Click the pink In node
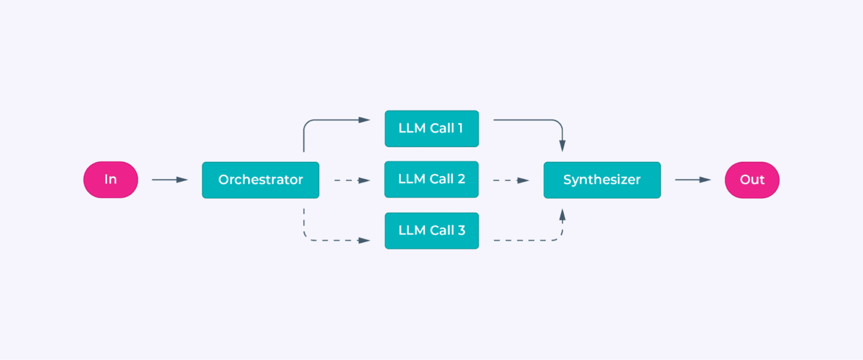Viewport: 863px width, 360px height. point(111,180)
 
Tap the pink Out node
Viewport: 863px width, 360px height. point(752,180)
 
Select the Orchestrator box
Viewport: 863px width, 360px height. point(260,180)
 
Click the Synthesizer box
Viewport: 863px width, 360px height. point(602,180)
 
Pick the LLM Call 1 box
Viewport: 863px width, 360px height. point(431,129)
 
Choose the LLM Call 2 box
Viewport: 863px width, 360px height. point(431,179)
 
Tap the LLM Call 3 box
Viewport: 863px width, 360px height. point(431,231)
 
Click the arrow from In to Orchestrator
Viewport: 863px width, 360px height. point(170,180)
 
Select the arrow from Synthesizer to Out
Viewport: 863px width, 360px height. point(693,180)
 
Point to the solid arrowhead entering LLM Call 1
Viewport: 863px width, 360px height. point(364,120)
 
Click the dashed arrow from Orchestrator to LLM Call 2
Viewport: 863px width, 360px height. point(352,180)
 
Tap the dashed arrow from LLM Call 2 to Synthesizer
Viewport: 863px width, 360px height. point(511,180)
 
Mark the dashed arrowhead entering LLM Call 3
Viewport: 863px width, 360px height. point(364,240)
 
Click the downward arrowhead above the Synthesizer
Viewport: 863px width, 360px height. point(562,146)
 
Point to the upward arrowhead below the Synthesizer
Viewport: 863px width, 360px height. point(562,215)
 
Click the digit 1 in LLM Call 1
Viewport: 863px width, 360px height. point(460,128)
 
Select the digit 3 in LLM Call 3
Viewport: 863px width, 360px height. point(461,230)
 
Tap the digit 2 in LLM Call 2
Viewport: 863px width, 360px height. point(461,179)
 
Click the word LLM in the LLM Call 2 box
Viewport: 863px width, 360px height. point(412,179)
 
